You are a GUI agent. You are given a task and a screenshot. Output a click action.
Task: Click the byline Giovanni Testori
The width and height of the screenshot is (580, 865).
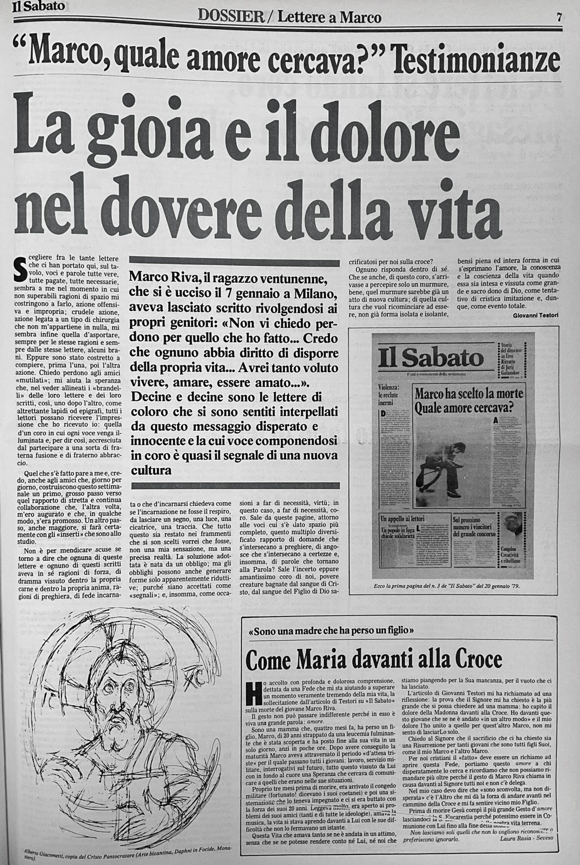(536, 315)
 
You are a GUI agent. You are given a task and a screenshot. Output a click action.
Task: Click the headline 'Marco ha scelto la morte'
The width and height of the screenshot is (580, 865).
(469, 393)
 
